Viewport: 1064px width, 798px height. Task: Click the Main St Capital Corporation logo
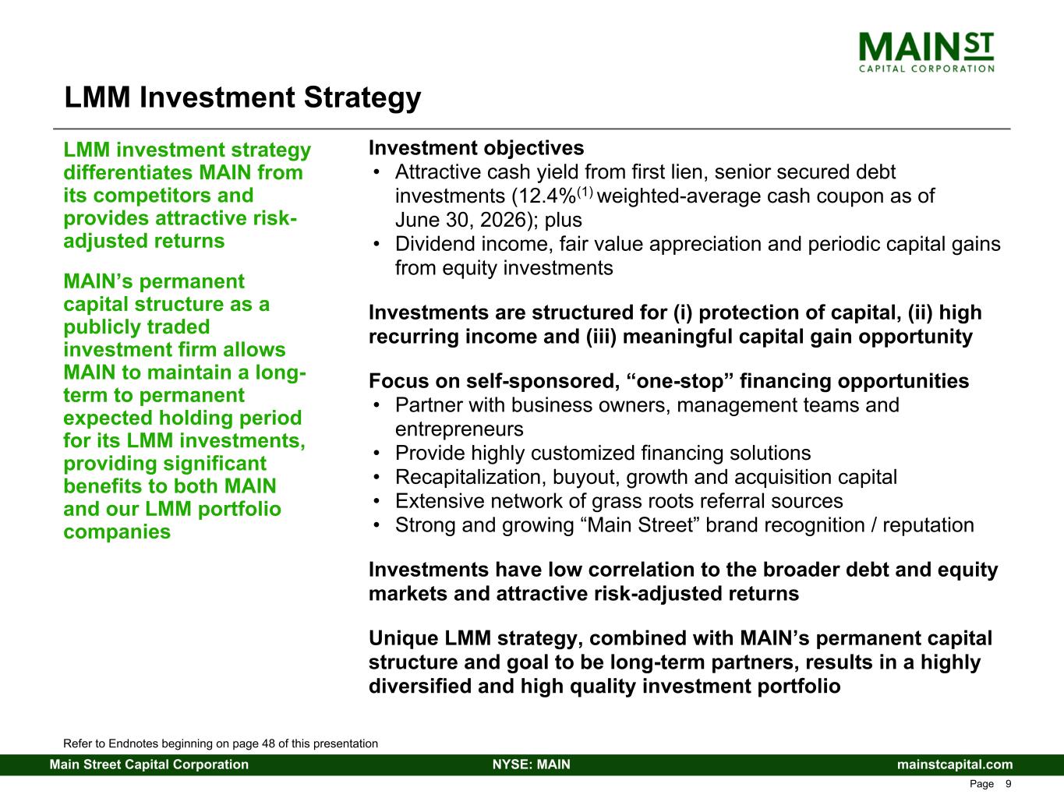[926, 52]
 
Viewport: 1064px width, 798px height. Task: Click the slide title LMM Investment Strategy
[242, 97]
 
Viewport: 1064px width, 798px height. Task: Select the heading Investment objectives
[476, 148]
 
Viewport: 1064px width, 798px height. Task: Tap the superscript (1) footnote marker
[585, 192]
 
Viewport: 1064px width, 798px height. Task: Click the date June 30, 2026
[461, 220]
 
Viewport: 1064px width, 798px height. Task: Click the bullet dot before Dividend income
[376, 244]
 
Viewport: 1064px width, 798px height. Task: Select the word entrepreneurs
[459, 429]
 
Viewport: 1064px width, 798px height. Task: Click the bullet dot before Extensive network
[376, 501]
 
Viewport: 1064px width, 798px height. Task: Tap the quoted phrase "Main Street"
[640, 525]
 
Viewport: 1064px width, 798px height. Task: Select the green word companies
[117, 532]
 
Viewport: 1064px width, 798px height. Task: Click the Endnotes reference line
[221, 743]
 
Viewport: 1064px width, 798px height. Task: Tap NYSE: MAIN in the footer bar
[532, 764]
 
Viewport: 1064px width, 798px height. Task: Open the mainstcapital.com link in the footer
[955, 764]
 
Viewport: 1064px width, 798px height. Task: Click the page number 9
[1008, 784]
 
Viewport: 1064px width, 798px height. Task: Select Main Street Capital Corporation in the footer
[149, 764]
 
